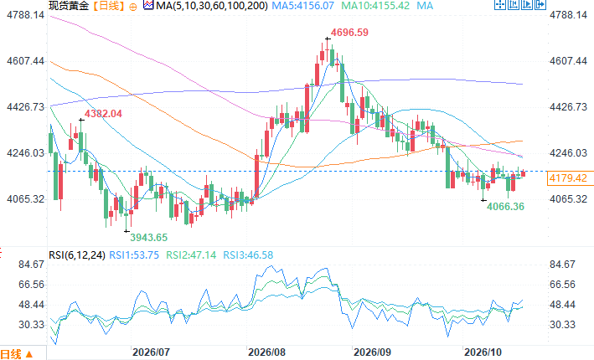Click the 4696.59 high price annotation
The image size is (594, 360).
point(349,33)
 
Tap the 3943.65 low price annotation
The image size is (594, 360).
point(149,238)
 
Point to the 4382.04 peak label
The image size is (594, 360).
point(103,114)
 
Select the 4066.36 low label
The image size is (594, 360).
point(505,207)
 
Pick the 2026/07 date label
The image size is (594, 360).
point(151,352)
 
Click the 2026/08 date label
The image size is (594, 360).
point(266,352)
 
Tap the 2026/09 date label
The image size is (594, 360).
point(372,352)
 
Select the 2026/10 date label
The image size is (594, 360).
point(483,352)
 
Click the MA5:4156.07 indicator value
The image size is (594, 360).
point(303,6)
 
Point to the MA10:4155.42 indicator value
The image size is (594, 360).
point(375,6)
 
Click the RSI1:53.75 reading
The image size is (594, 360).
point(134,255)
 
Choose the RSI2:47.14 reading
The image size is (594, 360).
point(191,255)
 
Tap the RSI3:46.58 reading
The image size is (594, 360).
point(248,255)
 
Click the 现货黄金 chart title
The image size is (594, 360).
point(69,6)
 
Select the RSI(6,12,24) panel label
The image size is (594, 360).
point(77,255)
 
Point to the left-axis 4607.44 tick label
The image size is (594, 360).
point(25,61)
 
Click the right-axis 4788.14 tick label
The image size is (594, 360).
point(568,15)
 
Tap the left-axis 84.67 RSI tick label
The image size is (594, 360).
point(32,265)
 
